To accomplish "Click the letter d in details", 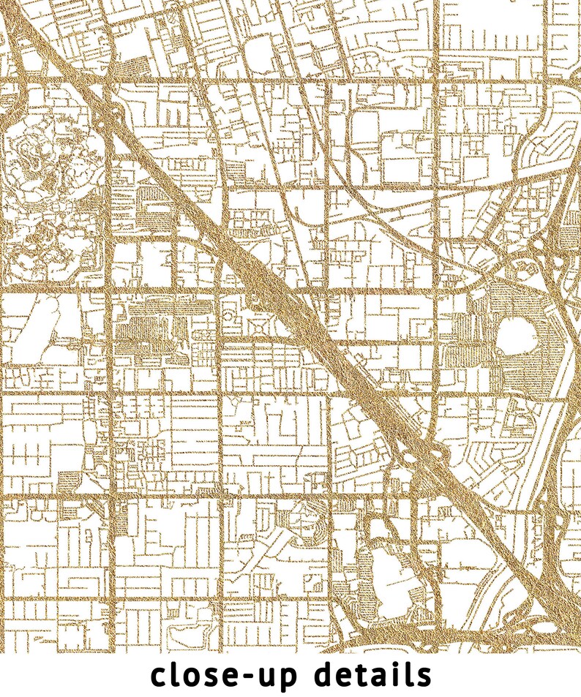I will point(325,674).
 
